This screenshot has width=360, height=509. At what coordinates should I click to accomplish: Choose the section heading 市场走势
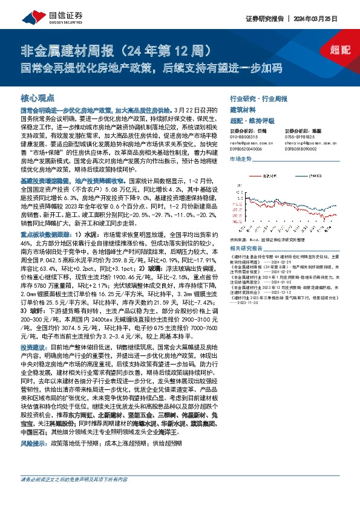(240, 158)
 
